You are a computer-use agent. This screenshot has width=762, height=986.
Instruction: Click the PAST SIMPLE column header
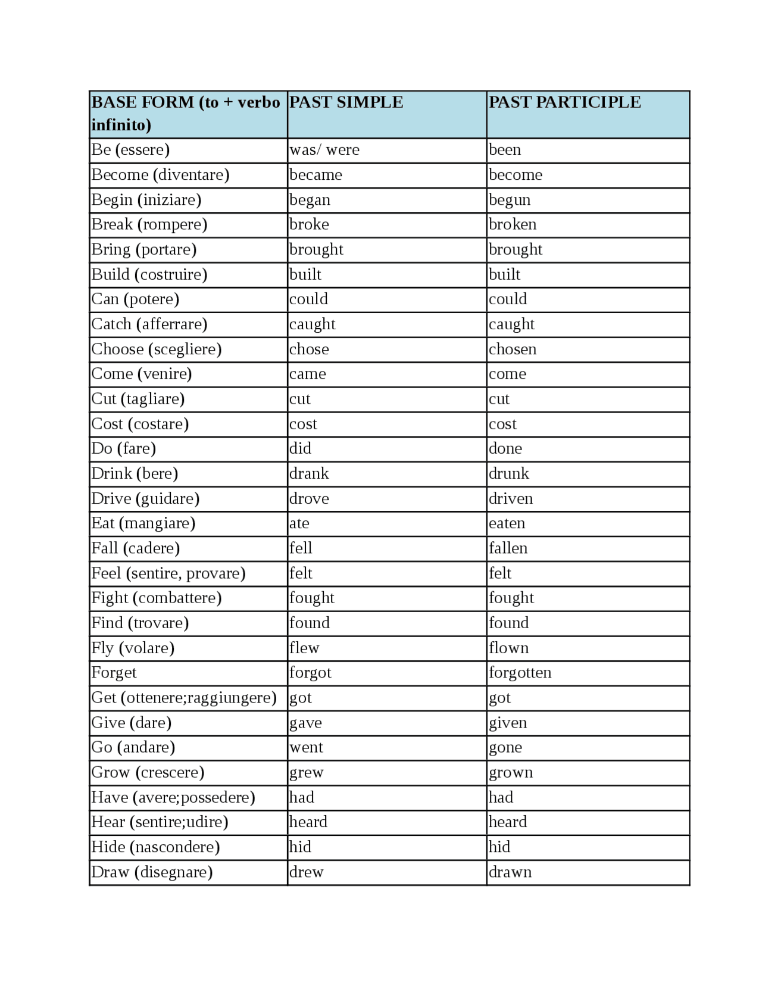346,102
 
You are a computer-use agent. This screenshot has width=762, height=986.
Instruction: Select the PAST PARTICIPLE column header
564,102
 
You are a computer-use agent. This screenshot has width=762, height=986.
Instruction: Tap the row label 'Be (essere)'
130,150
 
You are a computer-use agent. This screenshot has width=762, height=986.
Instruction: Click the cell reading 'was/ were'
324,150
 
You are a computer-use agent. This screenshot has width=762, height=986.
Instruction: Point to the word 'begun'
510,200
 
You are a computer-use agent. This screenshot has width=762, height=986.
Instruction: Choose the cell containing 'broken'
513,224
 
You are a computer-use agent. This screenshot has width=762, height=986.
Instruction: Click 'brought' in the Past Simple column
316,249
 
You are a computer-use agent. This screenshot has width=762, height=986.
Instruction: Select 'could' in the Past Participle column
508,299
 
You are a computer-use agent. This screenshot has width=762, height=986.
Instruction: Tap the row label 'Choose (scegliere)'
156,349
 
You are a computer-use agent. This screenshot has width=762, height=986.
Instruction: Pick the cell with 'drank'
309,473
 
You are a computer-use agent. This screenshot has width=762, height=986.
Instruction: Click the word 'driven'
511,498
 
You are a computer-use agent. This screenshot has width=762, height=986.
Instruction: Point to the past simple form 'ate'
299,523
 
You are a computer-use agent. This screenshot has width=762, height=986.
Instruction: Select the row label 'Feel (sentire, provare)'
168,573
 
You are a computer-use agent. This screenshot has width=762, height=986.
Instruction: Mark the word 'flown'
508,648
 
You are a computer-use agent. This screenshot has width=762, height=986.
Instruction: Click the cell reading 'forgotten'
520,673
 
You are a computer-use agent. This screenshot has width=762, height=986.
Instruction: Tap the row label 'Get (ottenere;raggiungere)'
184,698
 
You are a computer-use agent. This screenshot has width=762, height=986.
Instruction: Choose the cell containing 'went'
306,747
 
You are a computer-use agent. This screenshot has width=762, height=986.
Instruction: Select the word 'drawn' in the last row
510,872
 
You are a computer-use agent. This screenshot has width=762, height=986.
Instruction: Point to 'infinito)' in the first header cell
121,125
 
